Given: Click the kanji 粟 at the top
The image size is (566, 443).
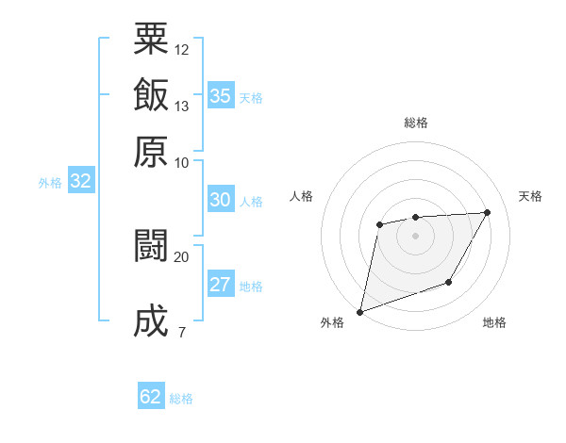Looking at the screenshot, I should coord(152,40).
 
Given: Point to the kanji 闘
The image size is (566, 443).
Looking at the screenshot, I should coord(152,246).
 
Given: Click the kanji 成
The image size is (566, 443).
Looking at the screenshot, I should coord(152,321).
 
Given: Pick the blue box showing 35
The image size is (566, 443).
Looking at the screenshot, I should coord(220,95).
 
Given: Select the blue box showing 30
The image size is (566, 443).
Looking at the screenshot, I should coord(220,200).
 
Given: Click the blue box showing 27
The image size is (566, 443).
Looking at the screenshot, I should coord(220,286).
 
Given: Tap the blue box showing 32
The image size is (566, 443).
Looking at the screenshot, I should coord(80,182).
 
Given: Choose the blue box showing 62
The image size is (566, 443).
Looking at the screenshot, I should coord(151,397).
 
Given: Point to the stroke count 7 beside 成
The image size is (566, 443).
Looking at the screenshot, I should coord(181,332).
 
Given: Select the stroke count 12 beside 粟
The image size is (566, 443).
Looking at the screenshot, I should coord(182,49).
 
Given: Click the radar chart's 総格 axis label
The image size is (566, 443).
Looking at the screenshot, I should coord(415,123).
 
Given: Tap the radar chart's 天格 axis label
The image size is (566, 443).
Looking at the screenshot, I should coord(531,196).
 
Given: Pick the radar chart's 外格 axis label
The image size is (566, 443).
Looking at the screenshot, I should coord(332,323).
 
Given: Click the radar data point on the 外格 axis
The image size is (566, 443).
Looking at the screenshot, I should coord(359,311).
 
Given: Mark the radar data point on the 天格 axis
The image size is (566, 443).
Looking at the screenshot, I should coord(487,212).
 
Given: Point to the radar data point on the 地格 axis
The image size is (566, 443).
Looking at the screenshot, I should coord(449,282).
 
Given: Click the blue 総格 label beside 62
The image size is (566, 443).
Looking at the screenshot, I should coord(181,399).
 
